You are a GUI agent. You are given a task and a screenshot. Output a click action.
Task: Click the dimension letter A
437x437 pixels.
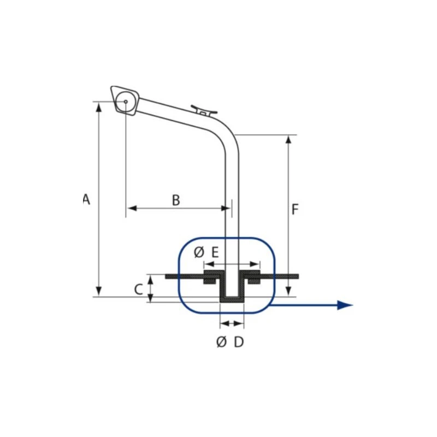(87, 199)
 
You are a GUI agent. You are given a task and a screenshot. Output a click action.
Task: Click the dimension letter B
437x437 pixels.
(176, 200)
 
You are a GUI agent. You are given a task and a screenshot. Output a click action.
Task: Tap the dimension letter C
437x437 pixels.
(139, 290)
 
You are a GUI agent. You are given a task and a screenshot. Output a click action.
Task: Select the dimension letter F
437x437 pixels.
(295, 209)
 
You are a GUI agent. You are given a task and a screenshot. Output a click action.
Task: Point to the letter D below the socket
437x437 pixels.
(239, 342)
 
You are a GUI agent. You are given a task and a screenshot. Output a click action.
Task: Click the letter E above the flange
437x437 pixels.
(215, 252)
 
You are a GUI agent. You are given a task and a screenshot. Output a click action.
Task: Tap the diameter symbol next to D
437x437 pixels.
(222, 342)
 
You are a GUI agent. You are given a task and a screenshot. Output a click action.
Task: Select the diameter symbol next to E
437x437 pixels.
(199, 252)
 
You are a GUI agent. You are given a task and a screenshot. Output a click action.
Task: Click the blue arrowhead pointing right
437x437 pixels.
(345, 305)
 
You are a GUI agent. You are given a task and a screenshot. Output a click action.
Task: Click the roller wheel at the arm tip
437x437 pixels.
(126, 102)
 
